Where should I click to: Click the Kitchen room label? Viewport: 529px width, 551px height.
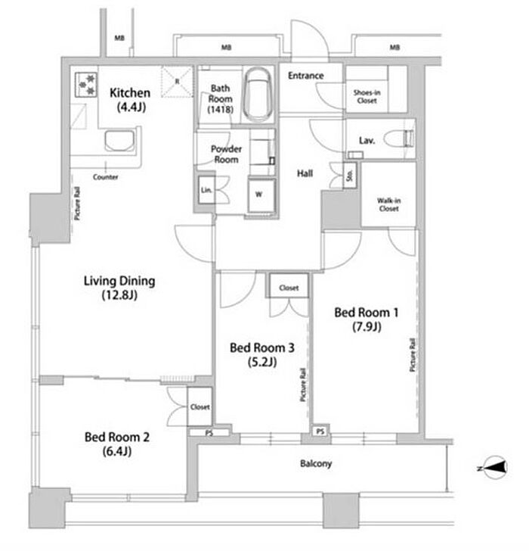coord(130,93)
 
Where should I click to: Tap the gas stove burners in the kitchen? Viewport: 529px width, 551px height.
coord(85,83)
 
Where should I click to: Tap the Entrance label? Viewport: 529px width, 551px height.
coord(305,76)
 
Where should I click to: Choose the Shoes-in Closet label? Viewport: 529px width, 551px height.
coord(367,97)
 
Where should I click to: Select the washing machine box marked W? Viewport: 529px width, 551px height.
coord(258,195)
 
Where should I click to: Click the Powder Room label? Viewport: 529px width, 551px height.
coord(225,154)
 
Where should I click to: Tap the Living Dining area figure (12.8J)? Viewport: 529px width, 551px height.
coord(119,296)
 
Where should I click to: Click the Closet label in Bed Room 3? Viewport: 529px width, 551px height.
coord(289,288)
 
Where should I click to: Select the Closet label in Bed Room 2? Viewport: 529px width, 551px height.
coord(200,407)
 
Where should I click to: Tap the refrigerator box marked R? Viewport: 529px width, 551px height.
coord(177,81)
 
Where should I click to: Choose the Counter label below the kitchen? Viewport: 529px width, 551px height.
coord(105,177)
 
